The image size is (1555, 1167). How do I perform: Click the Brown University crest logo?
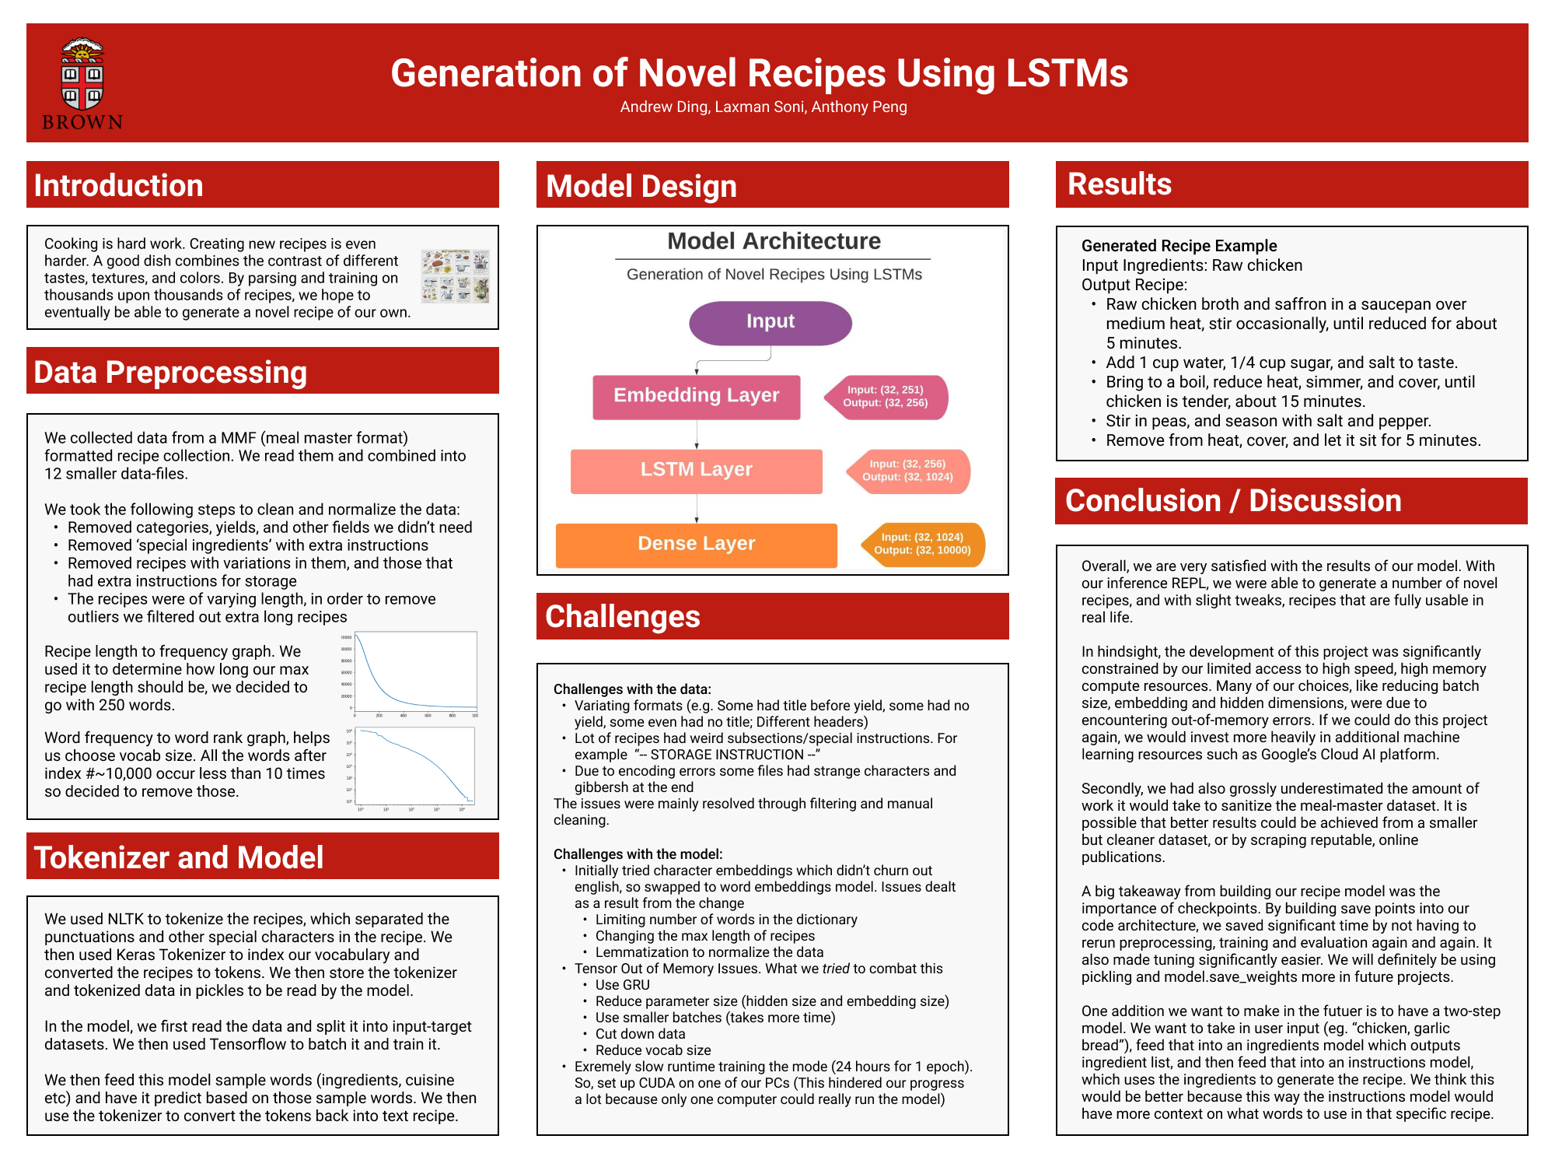coord(82,83)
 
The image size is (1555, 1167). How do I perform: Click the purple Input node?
coord(770,323)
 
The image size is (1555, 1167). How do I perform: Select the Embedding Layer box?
coord(696,397)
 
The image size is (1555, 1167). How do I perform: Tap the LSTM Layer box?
coord(696,471)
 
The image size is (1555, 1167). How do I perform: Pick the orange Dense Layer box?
coord(696,545)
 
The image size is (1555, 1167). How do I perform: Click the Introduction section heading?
coord(118,185)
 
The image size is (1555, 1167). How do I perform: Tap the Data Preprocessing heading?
coord(170,372)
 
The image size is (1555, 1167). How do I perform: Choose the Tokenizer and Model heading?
coord(179,857)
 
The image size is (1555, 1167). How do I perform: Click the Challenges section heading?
coord(622,616)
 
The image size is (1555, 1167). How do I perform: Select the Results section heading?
coord(1119,184)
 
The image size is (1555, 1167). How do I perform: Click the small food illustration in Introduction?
coord(455,276)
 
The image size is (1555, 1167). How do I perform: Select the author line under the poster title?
coord(763,107)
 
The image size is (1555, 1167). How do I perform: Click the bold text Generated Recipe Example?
coord(1179,246)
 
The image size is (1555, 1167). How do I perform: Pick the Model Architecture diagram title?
coord(774,241)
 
